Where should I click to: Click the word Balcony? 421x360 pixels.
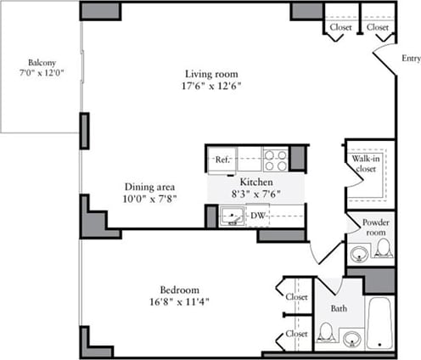point(42,62)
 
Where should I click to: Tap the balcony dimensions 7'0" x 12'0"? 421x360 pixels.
point(42,73)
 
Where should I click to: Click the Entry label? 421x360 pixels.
point(409,59)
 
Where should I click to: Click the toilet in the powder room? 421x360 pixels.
point(383,250)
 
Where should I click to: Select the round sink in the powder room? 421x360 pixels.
point(360,253)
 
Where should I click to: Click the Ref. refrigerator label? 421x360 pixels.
point(222,160)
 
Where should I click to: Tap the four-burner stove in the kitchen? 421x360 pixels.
point(274,159)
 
